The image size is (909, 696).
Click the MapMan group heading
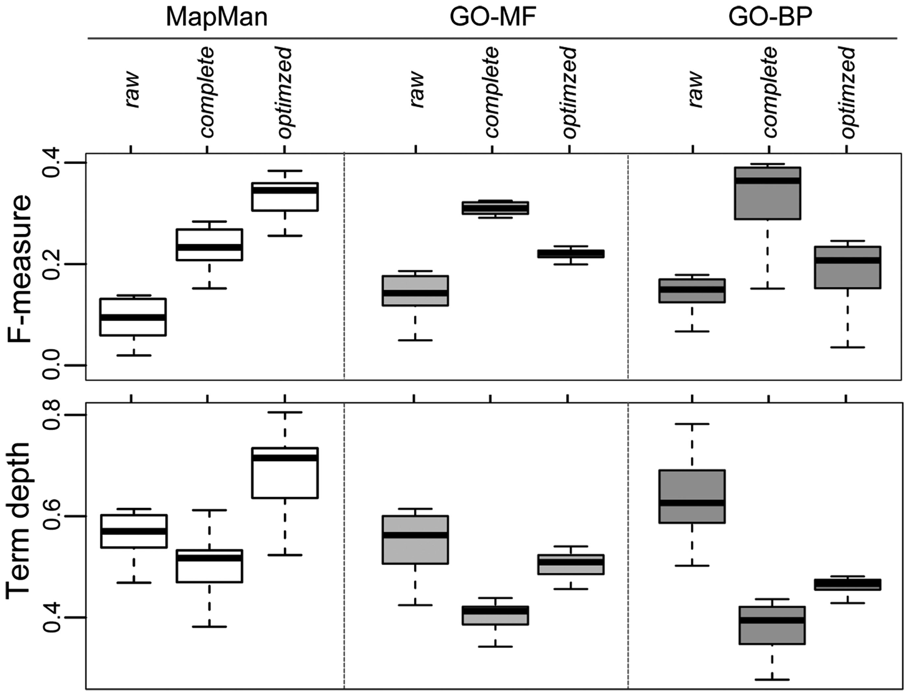point(216,17)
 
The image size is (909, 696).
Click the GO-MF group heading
point(491,17)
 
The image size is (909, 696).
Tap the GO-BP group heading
point(770,17)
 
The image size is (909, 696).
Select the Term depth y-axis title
point(18,520)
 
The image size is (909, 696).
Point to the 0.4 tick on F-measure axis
point(53,163)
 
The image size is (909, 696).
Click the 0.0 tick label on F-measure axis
point(53,365)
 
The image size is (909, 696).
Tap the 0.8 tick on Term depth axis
point(53,415)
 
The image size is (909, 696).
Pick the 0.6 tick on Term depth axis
point(53,516)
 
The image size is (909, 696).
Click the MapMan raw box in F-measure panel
point(133,317)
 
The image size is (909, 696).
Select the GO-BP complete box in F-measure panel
point(767,193)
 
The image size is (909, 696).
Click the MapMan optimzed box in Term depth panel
point(285,473)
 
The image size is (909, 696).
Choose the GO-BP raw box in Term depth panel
point(692,497)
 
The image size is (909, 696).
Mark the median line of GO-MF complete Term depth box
point(495,611)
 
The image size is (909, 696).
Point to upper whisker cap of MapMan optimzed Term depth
point(285,412)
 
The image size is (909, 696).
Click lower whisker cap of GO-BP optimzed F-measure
point(847,347)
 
